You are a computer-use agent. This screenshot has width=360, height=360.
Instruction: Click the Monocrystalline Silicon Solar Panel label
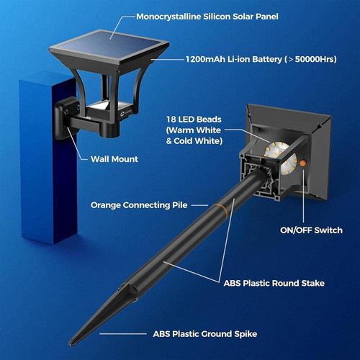207,17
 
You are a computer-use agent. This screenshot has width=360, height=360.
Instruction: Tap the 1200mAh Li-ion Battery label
261,59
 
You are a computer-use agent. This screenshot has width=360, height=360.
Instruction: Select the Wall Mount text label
114,159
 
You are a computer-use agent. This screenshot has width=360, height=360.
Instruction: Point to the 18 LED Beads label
194,130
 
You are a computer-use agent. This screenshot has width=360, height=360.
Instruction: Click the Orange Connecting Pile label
139,205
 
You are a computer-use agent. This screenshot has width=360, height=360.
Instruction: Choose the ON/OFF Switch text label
311,230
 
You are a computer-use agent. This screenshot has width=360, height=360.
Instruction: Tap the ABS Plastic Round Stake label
274,283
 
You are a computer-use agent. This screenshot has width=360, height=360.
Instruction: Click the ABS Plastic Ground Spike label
205,334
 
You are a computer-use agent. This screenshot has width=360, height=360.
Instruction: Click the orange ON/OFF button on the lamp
302,163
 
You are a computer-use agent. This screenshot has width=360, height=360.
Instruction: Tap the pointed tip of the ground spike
71,343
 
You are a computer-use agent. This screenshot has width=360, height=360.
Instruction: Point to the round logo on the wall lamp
122,113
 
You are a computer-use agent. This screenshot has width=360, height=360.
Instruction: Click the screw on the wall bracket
66,112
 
